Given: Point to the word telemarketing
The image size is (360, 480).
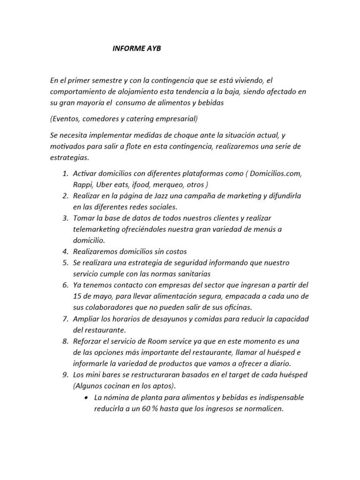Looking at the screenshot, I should tap(97, 229).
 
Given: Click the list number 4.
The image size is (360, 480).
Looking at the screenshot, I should tap(65, 251).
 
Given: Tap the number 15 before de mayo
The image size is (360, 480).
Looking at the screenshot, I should tap(78, 296).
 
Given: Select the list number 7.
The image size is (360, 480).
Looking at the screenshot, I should tap(65, 319).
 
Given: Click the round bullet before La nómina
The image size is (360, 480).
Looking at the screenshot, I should tap(88, 397).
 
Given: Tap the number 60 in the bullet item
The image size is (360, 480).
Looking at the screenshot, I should tap(150, 409).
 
